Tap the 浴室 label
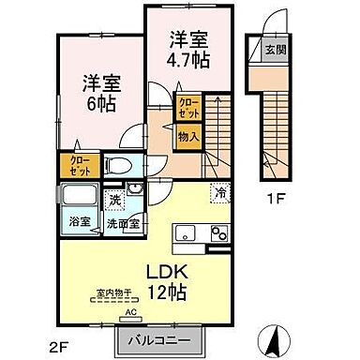click(79, 222)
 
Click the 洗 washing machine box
click(112, 200)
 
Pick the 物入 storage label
click(188, 137)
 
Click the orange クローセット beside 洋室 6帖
click(78, 166)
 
